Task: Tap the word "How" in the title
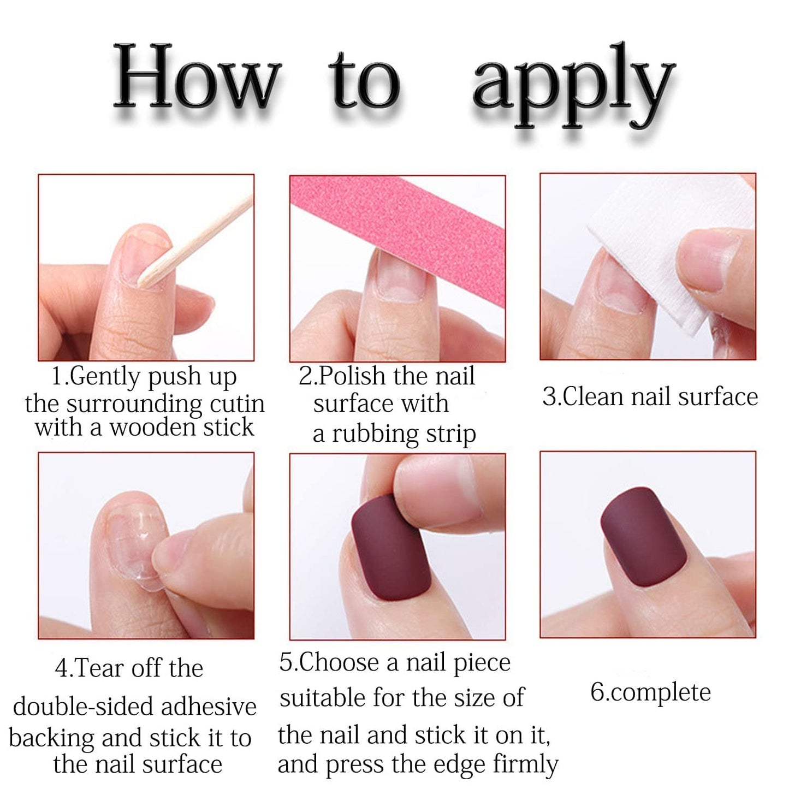[197, 79]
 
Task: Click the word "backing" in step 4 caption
[52, 739]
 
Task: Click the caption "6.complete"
[650, 692]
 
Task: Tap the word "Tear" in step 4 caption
[95, 668]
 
